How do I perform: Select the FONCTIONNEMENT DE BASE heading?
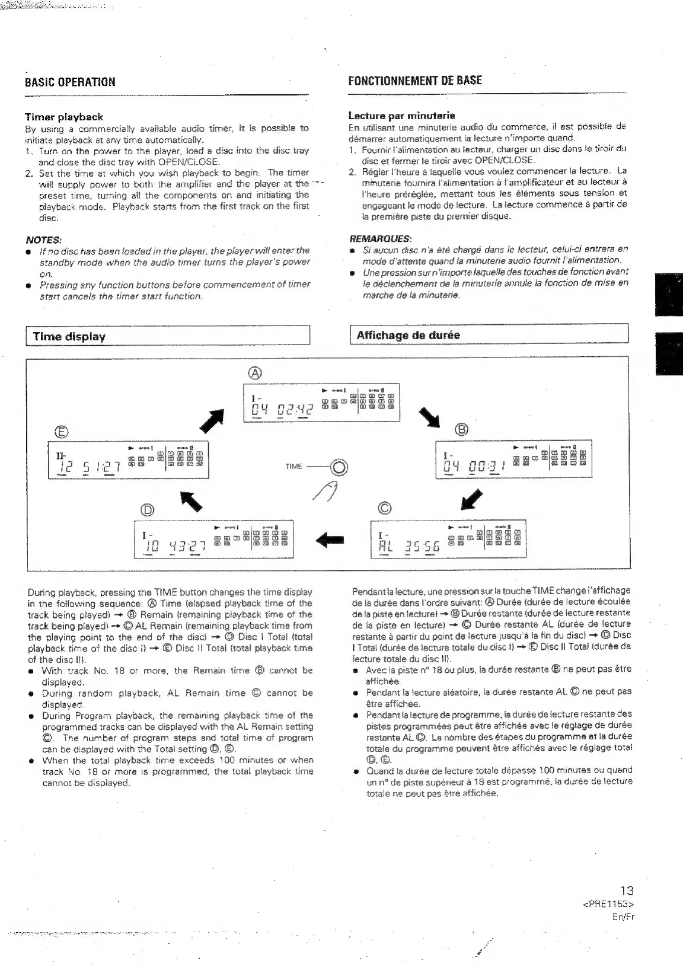[x=414, y=81]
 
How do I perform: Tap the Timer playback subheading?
[x=63, y=117]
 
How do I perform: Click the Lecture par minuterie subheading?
[x=401, y=115]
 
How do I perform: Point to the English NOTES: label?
[x=43, y=240]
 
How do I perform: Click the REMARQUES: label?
[x=380, y=238]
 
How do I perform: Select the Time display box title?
[x=69, y=337]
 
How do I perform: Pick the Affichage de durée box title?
[x=408, y=335]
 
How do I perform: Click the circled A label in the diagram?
[x=254, y=373]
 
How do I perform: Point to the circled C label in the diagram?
[x=385, y=508]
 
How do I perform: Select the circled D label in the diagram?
[x=146, y=509]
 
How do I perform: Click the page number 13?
[x=626, y=890]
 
